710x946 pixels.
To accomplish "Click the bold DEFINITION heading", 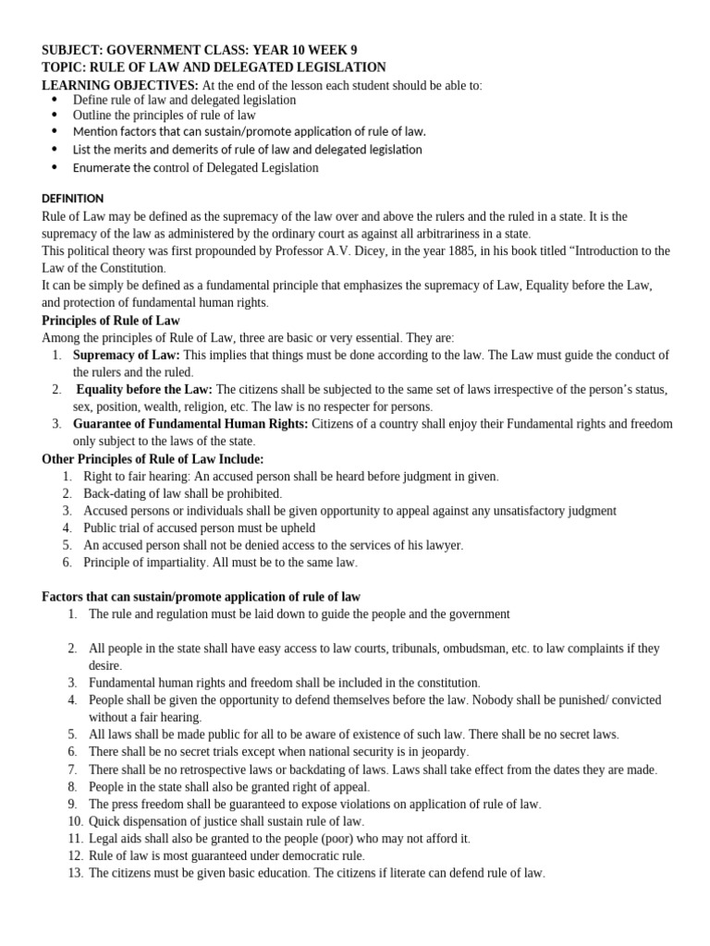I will [73, 198].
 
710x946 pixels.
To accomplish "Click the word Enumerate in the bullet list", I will [104, 167].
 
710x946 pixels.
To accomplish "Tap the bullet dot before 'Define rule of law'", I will [53, 100].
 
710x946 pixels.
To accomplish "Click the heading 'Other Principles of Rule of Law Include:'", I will [153, 458].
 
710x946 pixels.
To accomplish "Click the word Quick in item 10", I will [105, 821].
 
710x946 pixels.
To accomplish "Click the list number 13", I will [75, 872].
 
